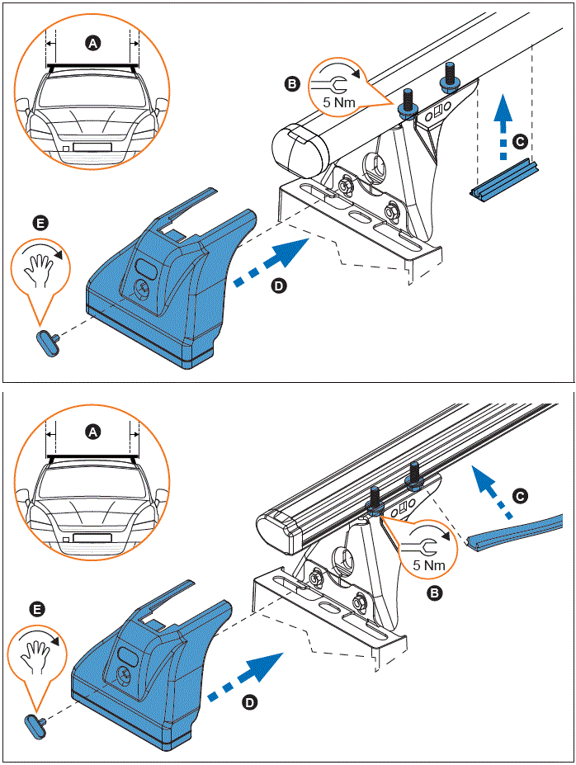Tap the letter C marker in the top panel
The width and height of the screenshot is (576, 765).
519,141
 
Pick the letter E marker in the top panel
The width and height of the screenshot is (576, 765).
38,223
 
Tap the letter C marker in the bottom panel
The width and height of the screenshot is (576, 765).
519,496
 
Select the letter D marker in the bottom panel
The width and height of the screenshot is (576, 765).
248,702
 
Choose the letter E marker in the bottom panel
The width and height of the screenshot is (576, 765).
36,609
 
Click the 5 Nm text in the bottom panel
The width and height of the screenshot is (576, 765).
429,565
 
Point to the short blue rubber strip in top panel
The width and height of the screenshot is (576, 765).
503,179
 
